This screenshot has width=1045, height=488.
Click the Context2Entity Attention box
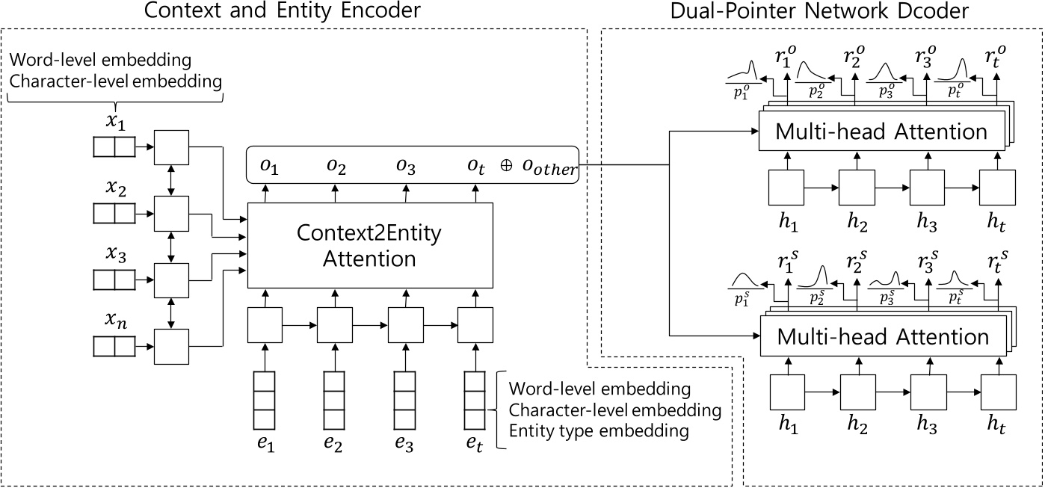[370, 245]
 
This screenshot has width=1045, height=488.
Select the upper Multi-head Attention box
[881, 132]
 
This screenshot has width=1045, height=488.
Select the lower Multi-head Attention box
[883, 337]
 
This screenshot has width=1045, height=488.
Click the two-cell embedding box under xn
[114, 347]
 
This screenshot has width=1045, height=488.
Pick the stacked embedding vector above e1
[264, 400]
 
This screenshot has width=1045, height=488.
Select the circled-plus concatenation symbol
[506, 167]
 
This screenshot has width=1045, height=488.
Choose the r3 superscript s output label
[927, 263]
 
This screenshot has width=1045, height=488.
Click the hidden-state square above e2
[334, 324]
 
